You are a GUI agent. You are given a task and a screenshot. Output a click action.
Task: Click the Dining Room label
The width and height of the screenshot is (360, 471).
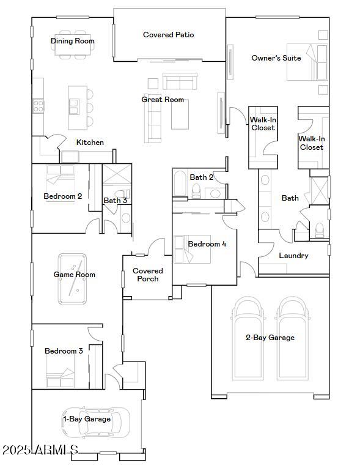click(72, 41)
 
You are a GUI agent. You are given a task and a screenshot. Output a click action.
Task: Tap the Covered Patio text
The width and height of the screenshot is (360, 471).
click(168, 35)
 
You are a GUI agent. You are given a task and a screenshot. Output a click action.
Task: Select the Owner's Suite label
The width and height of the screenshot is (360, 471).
click(276, 58)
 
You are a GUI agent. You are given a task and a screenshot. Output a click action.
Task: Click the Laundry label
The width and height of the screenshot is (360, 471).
click(293, 256)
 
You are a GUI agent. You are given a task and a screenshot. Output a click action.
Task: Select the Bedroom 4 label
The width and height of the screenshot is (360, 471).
click(207, 244)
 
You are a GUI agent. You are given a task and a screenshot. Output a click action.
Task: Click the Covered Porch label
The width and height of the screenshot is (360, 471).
click(148, 275)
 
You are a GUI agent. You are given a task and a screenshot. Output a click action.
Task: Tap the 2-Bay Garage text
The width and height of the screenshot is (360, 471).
click(270, 338)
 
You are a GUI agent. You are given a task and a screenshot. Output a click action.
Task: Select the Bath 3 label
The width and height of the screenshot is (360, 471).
click(115, 201)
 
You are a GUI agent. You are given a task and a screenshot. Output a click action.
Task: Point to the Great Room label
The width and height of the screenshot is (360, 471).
click(163, 100)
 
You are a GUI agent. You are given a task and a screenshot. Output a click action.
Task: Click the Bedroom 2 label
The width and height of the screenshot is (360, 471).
click(62, 196)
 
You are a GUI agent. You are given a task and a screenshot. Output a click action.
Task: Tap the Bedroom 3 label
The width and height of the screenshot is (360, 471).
click(64, 351)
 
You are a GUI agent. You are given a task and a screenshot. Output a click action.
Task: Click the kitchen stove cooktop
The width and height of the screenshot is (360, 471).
click(38, 106)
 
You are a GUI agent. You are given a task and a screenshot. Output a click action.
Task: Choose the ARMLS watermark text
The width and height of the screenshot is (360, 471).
click(40, 451)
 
